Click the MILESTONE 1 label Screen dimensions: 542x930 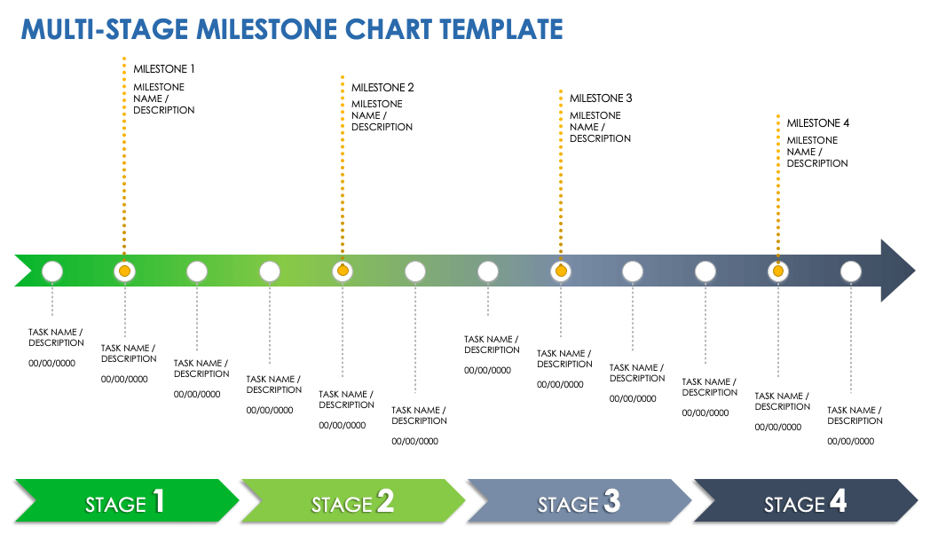coord(163,68)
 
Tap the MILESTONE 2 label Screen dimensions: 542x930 coord(382,88)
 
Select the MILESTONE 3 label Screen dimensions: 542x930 coord(601,98)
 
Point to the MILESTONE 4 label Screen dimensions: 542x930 coord(818,123)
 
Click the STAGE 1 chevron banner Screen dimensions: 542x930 coord(126,504)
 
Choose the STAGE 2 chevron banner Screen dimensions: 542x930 coord(352,504)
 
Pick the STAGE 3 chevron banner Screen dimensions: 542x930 coord(579,504)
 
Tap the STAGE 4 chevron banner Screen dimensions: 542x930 coord(805,504)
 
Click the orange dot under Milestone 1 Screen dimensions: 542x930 coord(124,271)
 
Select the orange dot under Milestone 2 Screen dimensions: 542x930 coord(343,271)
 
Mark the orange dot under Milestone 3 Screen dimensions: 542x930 coord(560,271)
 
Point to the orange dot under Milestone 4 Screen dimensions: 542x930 coord(778,271)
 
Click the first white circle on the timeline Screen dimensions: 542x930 coord(52,271)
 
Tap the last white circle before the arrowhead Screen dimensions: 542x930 coord(850,271)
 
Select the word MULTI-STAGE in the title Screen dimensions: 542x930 coord(105,28)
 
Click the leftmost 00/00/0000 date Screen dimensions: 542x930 coord(51,363)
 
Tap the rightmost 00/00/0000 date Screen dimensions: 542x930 coord(850,441)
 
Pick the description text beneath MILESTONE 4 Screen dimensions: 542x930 coord(817,152)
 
